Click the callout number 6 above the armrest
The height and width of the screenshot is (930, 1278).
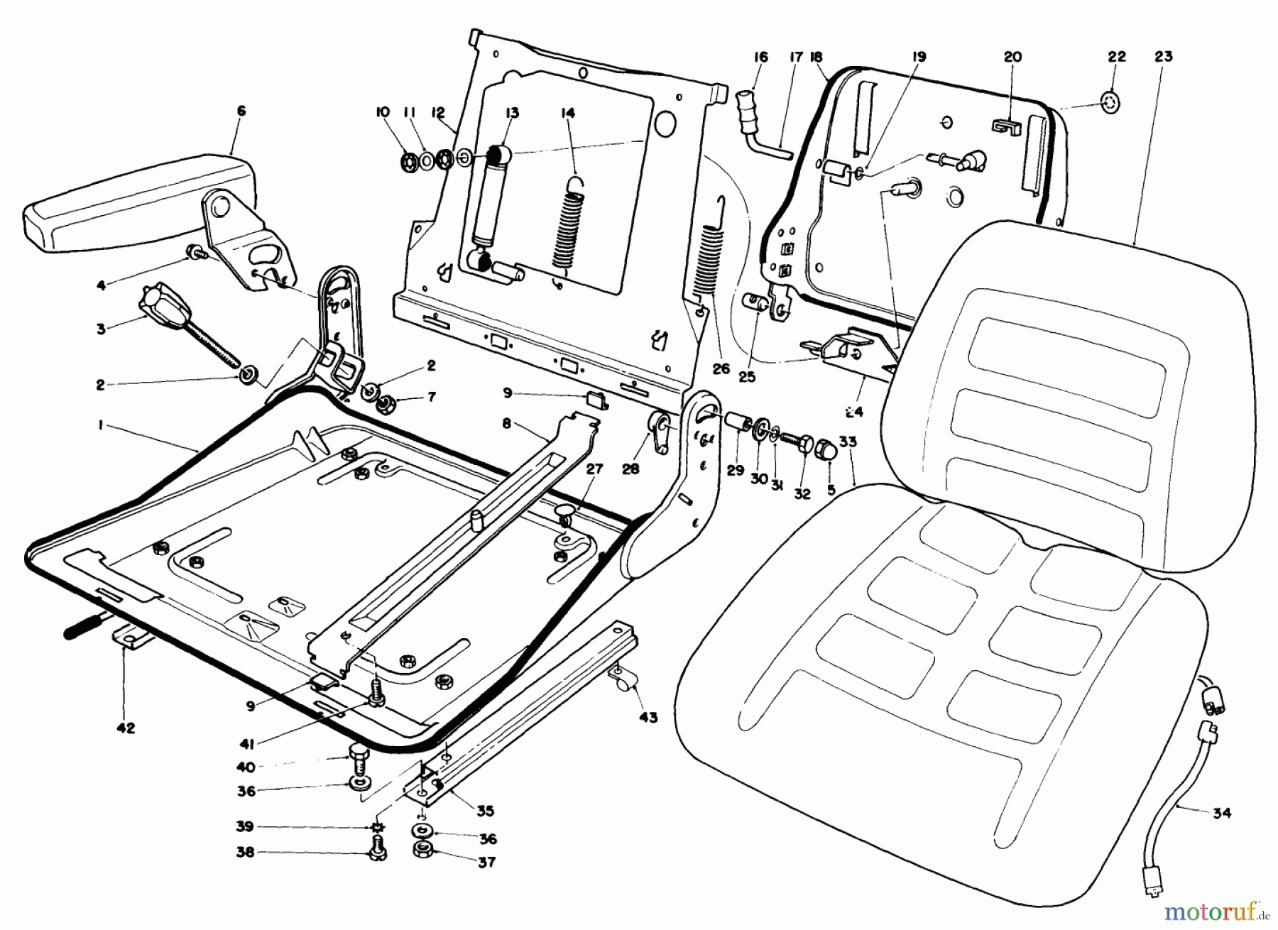241,111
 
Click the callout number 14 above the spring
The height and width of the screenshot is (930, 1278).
567,114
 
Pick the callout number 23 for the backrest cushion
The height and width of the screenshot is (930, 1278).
1164,57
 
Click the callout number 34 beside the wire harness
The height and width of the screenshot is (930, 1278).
1220,814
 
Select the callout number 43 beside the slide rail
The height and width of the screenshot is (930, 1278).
648,717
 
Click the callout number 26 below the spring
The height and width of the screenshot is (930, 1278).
721,369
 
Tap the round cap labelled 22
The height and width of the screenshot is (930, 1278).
1111,102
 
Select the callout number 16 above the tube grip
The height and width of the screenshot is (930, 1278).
760,57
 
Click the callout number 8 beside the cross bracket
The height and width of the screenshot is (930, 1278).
506,425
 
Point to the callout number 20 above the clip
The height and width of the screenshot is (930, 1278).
1012,57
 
